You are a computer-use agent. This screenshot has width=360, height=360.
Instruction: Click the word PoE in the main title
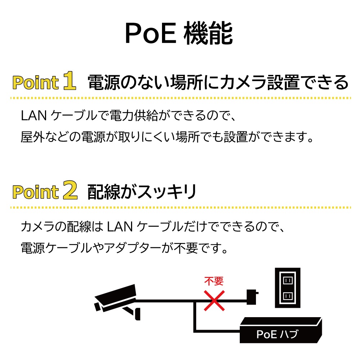(150, 34)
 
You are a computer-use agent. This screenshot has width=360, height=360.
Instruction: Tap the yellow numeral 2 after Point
(69, 192)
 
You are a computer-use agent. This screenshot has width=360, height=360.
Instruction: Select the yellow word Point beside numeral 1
(35, 83)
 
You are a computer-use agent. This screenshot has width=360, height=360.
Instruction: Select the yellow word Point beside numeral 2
(35, 192)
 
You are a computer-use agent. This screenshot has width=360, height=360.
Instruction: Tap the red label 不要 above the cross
(214, 281)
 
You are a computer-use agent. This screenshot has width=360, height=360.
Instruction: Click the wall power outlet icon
(287, 288)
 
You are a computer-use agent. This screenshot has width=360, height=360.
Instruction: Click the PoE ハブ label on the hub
(277, 334)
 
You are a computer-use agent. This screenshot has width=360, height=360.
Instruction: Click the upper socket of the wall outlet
(287, 280)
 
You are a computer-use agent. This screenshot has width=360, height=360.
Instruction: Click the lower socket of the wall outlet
(287, 296)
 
